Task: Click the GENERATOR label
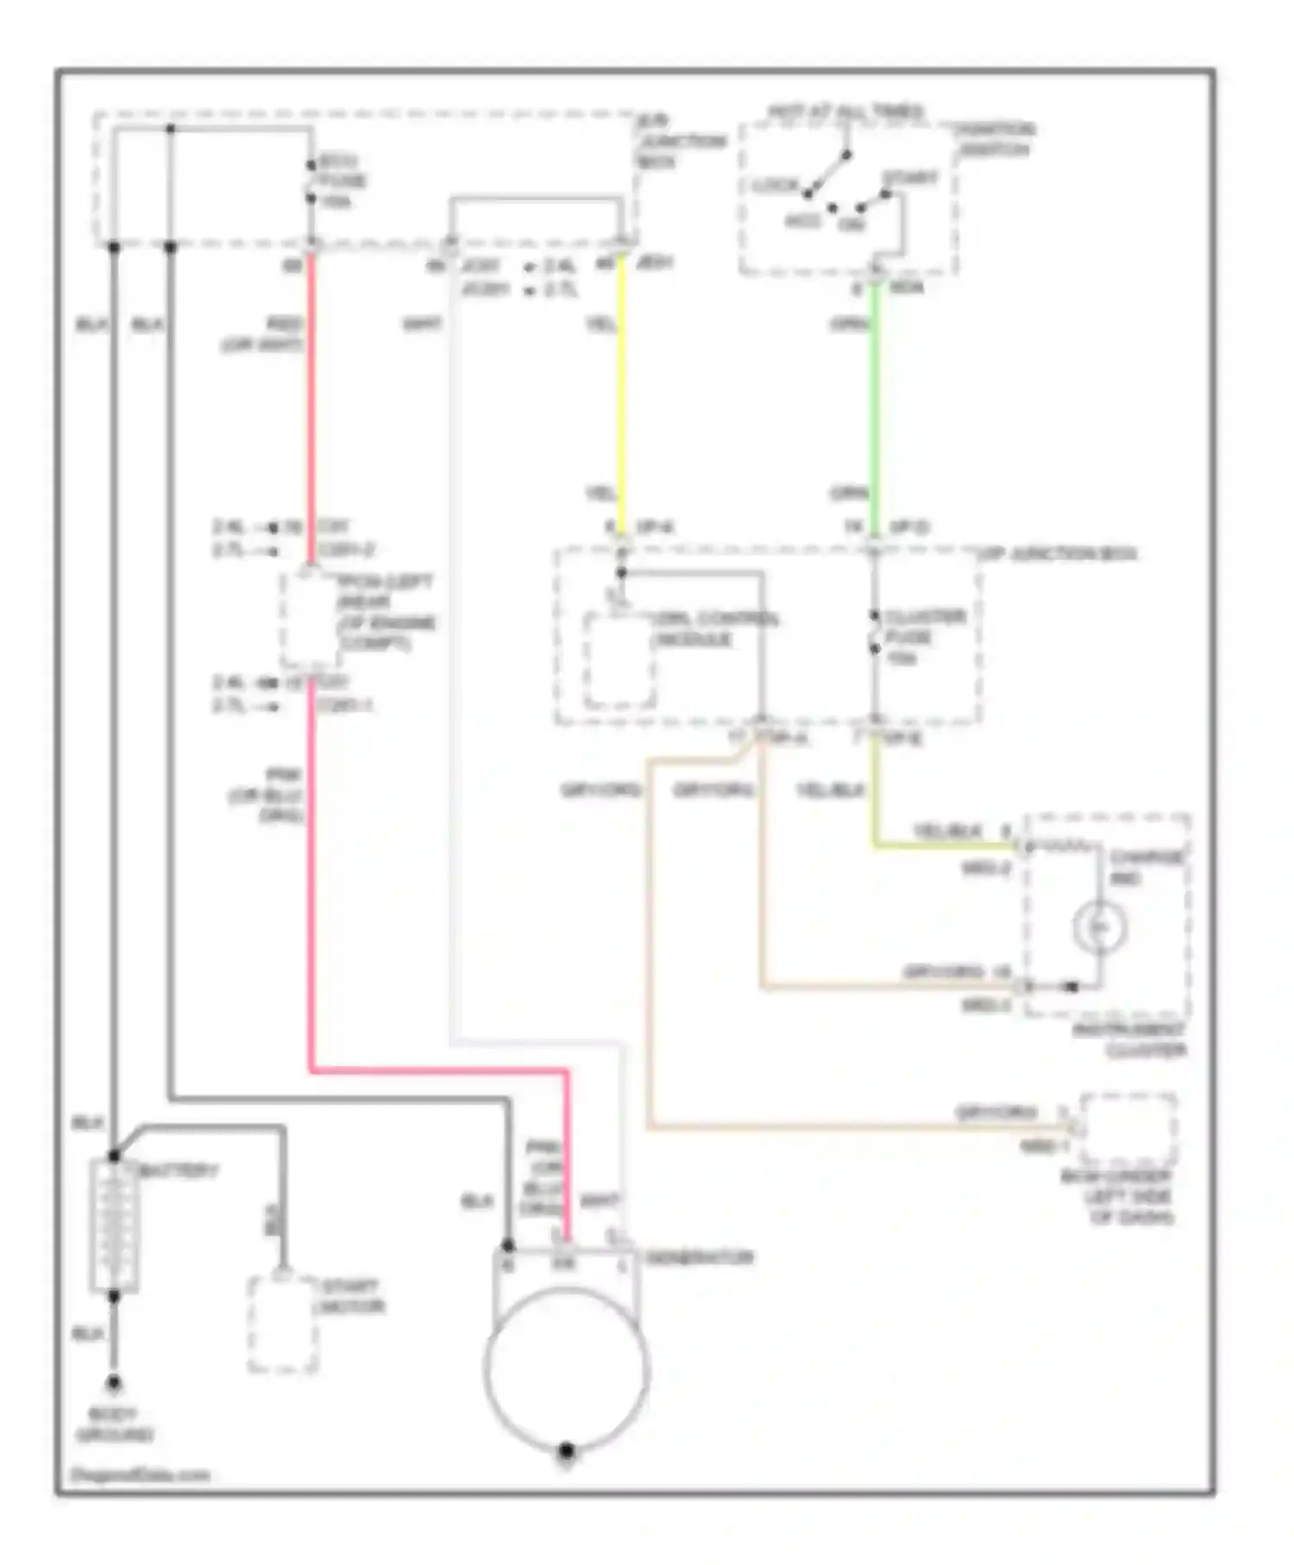click(x=700, y=1257)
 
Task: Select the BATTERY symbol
click(x=114, y=1226)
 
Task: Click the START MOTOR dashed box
click(x=282, y=1324)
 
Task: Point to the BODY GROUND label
click(x=114, y=1425)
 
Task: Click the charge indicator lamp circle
click(x=1099, y=927)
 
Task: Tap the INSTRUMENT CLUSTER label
click(x=1130, y=1040)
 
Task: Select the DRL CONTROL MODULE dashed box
click(x=619, y=661)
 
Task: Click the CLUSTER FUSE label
click(x=923, y=638)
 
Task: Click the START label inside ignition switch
click(x=908, y=179)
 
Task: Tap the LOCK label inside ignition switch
click(x=775, y=185)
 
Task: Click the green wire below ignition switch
click(x=875, y=405)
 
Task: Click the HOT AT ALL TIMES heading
click(x=845, y=111)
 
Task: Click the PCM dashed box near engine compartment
click(x=309, y=619)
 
